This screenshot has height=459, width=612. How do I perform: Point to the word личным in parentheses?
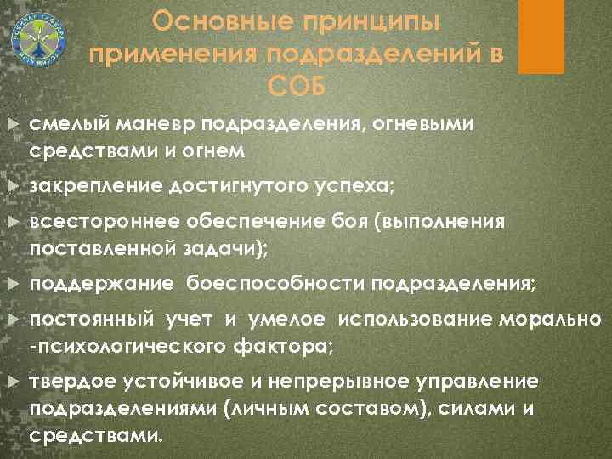coord(269,409)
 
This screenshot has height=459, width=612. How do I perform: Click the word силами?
coord(485,409)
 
